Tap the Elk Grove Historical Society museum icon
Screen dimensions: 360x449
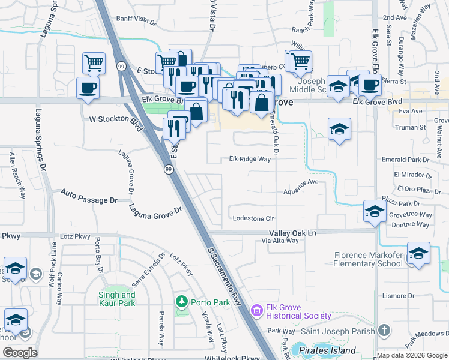[257, 310]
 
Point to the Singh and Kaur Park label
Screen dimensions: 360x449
[117, 299]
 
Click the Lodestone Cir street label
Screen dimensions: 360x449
[253, 219]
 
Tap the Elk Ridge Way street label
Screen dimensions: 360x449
[250, 160]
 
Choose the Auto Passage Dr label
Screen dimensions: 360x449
[89, 196]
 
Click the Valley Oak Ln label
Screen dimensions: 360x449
[292, 232]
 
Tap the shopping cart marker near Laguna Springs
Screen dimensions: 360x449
[94, 62]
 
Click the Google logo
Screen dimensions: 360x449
[20, 353]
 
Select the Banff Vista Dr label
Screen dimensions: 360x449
[136, 20]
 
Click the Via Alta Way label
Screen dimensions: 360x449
[280, 241]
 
